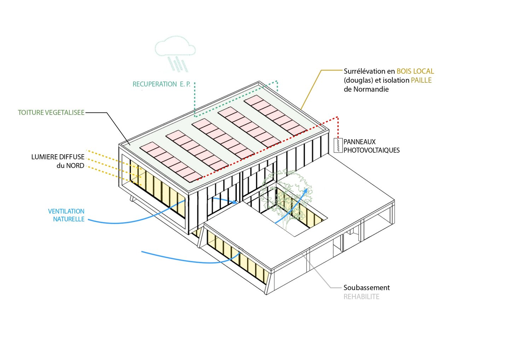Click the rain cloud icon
tap(175, 48)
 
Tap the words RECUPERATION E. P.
tap(161, 84)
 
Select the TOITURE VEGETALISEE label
tap(51, 112)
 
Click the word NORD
tap(75, 166)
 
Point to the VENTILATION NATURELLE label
tap(67, 215)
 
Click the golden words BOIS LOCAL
tap(415, 71)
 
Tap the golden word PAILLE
tap(421, 80)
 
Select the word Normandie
tap(371, 89)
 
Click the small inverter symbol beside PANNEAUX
tap(338, 145)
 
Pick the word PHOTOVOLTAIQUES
tap(371, 150)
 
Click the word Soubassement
tap(367, 288)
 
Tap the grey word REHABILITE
tap(361, 297)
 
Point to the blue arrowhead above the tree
tap(306, 191)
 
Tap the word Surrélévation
tap(364, 71)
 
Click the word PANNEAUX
tap(359, 142)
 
